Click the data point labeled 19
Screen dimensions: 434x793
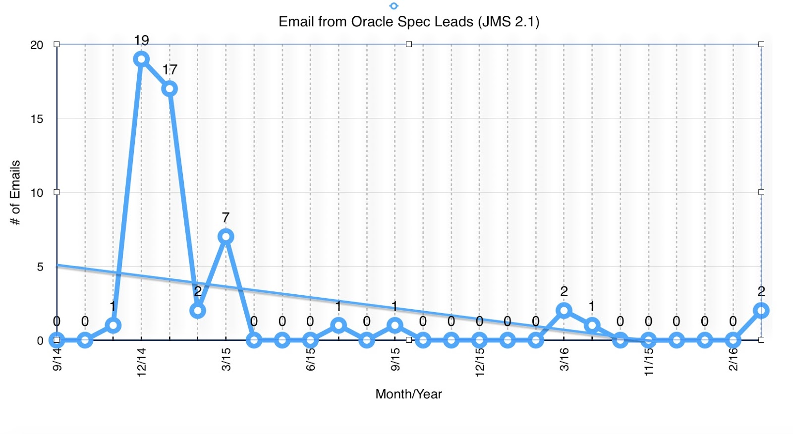pyautogui.click(x=141, y=59)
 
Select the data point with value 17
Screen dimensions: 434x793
pyautogui.click(x=170, y=89)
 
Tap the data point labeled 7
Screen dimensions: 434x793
pyautogui.click(x=226, y=236)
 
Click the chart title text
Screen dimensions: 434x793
pyautogui.click(x=409, y=22)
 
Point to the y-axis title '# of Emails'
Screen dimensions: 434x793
pyautogui.click(x=15, y=192)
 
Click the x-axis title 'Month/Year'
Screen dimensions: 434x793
pyautogui.click(x=408, y=394)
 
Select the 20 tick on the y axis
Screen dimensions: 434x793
pyautogui.click(x=37, y=45)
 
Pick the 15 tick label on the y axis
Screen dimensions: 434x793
pyautogui.click(x=37, y=119)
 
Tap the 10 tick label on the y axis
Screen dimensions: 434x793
pyautogui.click(x=37, y=193)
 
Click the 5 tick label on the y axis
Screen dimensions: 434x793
pyautogui.click(x=40, y=267)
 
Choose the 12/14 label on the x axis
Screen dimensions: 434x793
pyautogui.click(x=142, y=362)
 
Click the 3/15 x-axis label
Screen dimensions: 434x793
pyautogui.click(x=226, y=359)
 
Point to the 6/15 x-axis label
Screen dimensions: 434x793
pyautogui.click(x=311, y=359)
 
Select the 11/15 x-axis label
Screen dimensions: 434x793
pyautogui.click(x=649, y=362)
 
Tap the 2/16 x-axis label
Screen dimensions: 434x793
pyautogui.click(x=734, y=359)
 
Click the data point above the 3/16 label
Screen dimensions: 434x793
pyautogui.click(x=564, y=311)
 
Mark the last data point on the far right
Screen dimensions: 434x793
pyautogui.click(x=761, y=311)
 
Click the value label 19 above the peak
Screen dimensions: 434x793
pyautogui.click(x=141, y=40)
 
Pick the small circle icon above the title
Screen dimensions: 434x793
pyautogui.click(x=394, y=6)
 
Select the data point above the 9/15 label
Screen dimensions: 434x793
pyautogui.click(x=395, y=325)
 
